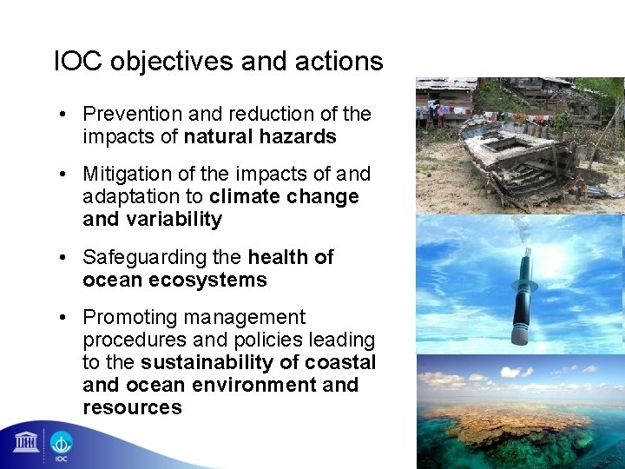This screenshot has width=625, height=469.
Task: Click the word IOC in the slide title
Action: pyautogui.click(x=76, y=62)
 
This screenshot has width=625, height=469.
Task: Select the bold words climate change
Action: pyautogui.click(x=284, y=197)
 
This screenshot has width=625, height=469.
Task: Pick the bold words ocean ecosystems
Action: pyautogui.click(x=174, y=281)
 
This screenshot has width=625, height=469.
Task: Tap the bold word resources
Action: pyautogui.click(x=132, y=408)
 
